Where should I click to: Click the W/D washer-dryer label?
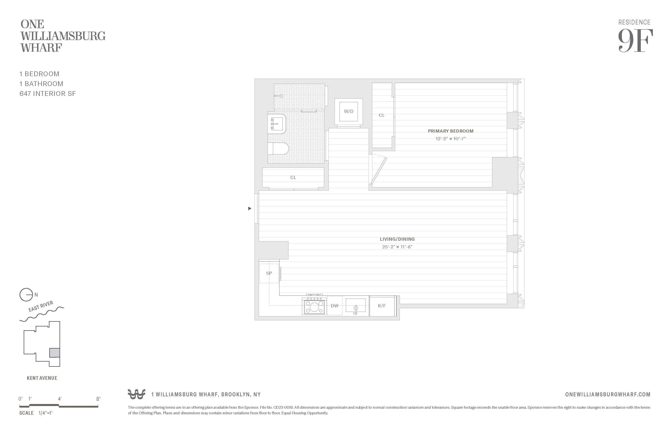tap(349, 111)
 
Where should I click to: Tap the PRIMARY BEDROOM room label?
tap(450, 131)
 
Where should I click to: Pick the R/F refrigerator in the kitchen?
tap(382, 306)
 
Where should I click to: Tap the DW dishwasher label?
tap(334, 306)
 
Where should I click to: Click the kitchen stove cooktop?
tap(314, 306)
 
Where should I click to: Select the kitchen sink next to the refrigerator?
tap(355, 306)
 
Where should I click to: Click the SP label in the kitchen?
tap(269, 273)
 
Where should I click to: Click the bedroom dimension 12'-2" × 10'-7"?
tap(450, 139)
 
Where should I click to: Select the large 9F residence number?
tap(635, 41)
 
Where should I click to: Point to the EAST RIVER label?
tap(41, 306)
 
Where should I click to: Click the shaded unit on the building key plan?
tap(55, 353)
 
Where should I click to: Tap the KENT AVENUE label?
tap(42, 378)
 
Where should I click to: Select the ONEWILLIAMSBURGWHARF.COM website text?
tap(608, 395)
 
